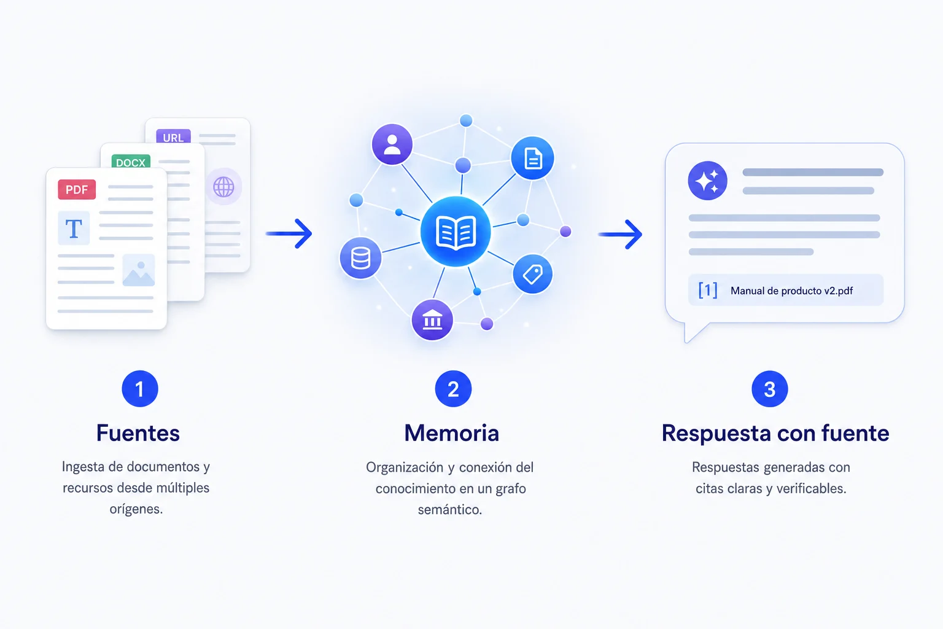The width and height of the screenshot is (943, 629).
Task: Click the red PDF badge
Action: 77,190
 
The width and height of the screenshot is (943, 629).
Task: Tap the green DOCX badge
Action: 131,162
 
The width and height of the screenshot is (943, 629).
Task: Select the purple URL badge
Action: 173,136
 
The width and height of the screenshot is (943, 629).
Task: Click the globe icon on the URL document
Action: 223,187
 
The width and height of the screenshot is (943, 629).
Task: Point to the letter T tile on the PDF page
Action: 74,229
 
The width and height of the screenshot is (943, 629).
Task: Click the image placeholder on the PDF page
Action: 139,270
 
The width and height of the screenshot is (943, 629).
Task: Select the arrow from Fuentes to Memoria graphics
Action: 289,233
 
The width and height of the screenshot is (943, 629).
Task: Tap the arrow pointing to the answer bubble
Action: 621,234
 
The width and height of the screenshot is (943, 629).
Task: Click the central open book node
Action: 456,232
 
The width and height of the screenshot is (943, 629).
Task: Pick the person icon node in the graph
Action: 392,144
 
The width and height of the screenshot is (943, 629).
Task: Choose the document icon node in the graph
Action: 532,158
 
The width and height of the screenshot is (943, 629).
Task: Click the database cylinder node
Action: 360,258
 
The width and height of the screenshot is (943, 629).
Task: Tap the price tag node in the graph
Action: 532,274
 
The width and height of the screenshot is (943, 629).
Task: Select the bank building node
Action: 432,320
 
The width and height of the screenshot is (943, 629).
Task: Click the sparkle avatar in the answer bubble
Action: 708,181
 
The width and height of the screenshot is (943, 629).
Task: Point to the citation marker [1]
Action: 708,291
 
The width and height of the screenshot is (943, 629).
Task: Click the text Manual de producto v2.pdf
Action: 791,291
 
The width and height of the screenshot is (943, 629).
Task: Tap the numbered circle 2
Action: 454,389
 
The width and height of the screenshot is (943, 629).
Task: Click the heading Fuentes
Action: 138,433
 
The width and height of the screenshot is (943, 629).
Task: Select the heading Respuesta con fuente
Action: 775,433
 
